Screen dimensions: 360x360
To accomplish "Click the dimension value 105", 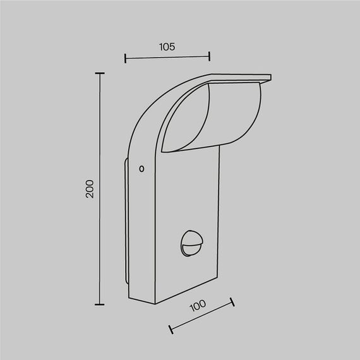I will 167,46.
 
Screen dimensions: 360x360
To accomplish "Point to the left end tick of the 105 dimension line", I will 126,59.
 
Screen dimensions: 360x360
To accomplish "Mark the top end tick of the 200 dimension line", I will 99,73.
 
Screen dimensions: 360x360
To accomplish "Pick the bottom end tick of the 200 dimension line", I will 99,304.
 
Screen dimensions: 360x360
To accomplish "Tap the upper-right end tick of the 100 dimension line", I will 232,303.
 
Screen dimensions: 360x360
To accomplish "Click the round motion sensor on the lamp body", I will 190,241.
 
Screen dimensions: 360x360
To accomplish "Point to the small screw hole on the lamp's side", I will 141,169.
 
